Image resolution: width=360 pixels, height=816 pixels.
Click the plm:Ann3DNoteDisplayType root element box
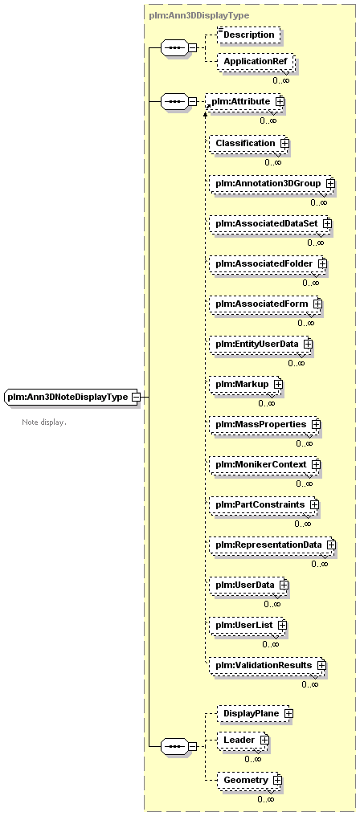click(x=72, y=397)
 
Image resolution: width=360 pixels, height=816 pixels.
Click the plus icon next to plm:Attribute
click(x=280, y=101)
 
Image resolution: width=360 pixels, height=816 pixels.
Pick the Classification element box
click(x=249, y=143)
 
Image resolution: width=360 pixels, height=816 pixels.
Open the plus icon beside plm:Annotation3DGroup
click(x=330, y=184)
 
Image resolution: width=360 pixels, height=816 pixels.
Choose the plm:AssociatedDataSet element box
click(x=270, y=223)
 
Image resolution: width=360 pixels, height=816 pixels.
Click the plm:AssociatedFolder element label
click(x=264, y=264)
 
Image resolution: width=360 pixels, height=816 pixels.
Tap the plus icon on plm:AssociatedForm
click(x=317, y=304)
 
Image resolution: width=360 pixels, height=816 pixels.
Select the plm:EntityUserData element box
click(x=261, y=344)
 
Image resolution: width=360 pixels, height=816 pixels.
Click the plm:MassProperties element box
click(x=265, y=424)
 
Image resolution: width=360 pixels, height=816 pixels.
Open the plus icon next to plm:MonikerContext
click(x=316, y=464)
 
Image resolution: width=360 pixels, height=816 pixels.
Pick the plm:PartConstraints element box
click(x=264, y=505)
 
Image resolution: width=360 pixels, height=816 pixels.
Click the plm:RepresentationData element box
click(x=272, y=545)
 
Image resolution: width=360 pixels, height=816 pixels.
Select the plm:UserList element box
click(x=248, y=625)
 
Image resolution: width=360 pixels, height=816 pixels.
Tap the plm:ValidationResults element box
click(x=268, y=666)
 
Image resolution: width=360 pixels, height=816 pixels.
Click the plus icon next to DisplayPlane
click(x=288, y=714)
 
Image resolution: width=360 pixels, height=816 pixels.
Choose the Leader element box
click(x=243, y=740)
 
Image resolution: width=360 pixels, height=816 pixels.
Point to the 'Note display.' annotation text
click(x=44, y=422)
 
